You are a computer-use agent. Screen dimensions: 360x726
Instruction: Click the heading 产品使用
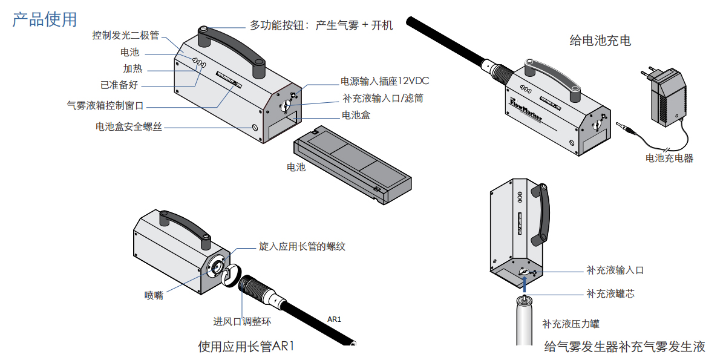coord(45,19)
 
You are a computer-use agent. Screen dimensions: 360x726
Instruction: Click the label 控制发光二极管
coord(125,35)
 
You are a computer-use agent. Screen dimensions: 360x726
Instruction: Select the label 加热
coord(132,68)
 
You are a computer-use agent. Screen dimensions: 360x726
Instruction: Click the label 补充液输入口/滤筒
coord(382,98)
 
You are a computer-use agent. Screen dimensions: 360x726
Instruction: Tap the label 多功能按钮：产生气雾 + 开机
coord(321,25)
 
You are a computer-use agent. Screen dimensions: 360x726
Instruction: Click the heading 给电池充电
coord(600,41)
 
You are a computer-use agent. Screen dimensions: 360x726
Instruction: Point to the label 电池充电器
coord(669,159)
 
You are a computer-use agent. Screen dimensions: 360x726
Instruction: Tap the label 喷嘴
coord(154,295)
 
